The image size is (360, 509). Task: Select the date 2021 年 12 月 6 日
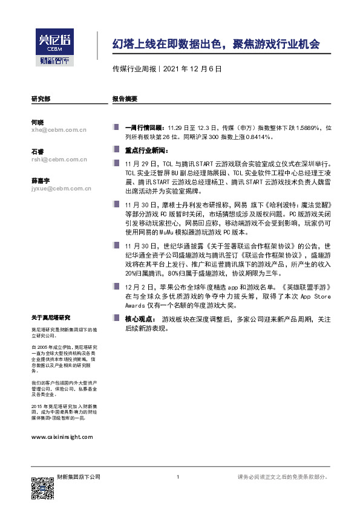click(x=192, y=69)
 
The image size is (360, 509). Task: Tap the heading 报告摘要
click(x=125, y=98)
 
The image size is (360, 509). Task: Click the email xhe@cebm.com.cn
click(x=59, y=129)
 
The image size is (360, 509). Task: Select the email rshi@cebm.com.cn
click(x=59, y=160)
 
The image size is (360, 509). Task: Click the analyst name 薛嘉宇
click(x=41, y=181)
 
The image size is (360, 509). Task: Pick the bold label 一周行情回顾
click(x=144, y=128)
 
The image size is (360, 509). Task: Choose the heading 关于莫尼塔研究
click(x=51, y=317)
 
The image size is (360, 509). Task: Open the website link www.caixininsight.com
click(x=62, y=436)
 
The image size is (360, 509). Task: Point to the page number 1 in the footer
click(x=177, y=478)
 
